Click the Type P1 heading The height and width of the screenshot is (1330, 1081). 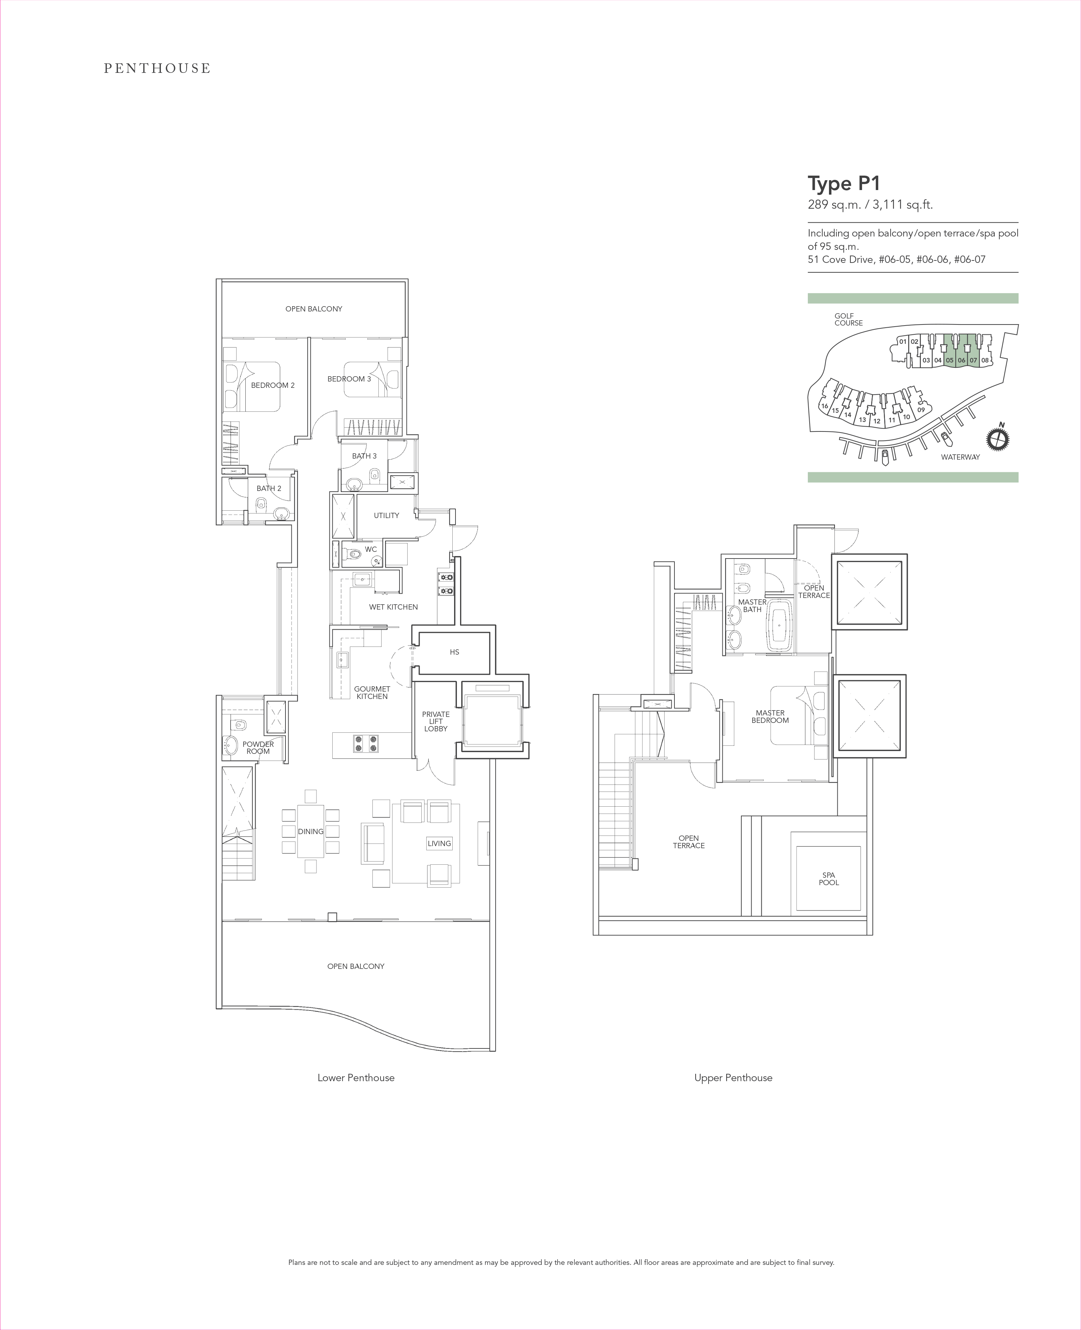[x=844, y=184]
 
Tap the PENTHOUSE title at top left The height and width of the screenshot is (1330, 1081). [x=157, y=69]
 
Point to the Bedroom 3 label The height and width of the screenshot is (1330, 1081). [x=349, y=379]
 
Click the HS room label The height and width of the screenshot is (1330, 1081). [x=454, y=652]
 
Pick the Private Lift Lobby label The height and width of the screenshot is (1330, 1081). [x=436, y=721]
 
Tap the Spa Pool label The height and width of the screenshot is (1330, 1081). [x=829, y=878]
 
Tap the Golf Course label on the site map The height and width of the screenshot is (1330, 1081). [x=849, y=320]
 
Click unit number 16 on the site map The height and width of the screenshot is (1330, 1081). [x=824, y=406]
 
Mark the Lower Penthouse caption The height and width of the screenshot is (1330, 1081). [x=356, y=1078]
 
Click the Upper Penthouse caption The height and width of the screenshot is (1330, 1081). [x=734, y=1078]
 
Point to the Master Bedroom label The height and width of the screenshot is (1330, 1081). [x=770, y=717]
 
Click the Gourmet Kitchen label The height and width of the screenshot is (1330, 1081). [x=372, y=692]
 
